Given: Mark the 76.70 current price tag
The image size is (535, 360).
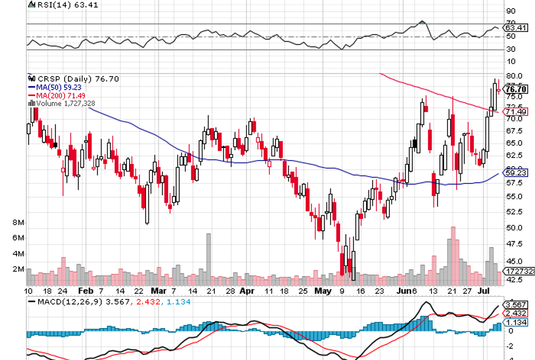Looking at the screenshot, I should (x=516, y=89).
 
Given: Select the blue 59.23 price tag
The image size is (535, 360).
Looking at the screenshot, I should (x=516, y=172).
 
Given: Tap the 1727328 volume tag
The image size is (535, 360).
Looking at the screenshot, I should (x=518, y=271).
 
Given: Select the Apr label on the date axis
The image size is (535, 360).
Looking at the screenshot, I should (x=247, y=290).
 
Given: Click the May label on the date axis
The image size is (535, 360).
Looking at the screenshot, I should (x=323, y=290).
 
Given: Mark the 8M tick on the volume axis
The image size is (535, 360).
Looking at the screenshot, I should (x=18, y=222).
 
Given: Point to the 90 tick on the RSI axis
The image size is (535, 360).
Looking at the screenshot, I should (x=510, y=11).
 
